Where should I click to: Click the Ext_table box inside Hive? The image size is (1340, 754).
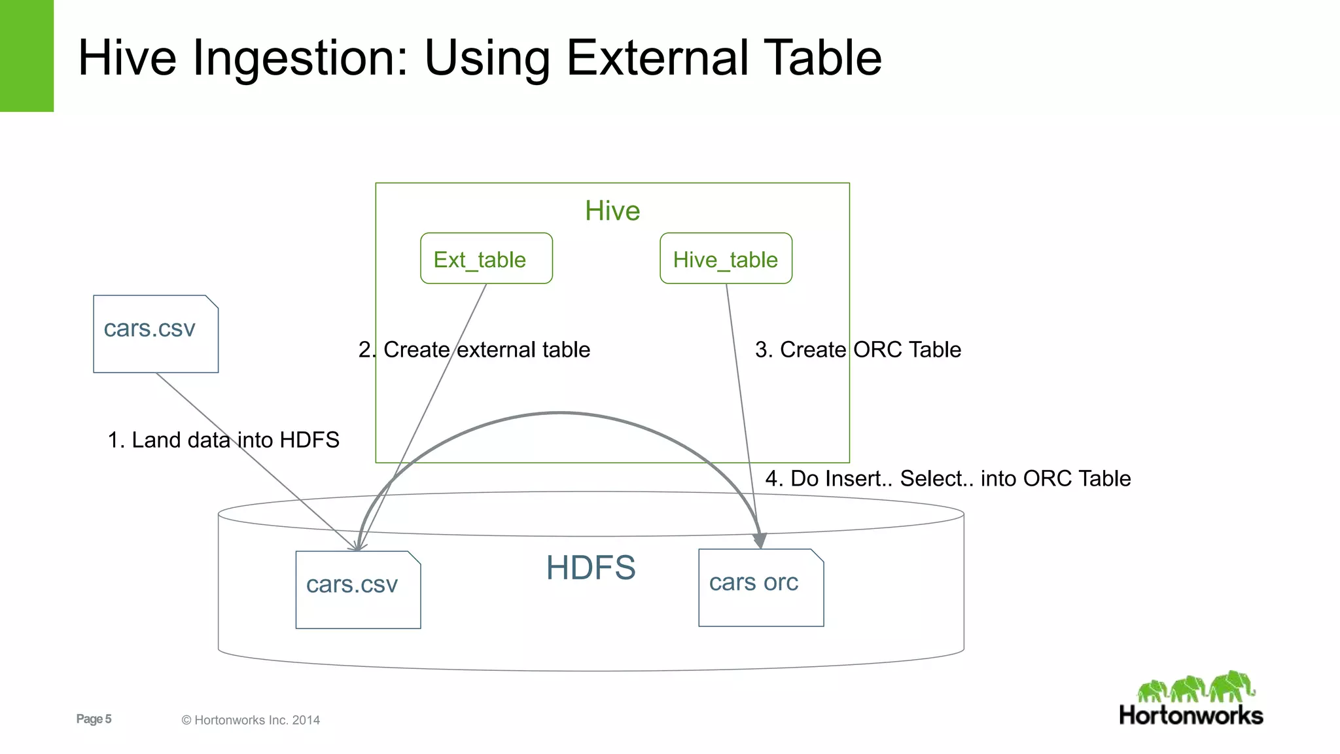tap(486, 259)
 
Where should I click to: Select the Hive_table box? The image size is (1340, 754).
tap(726, 259)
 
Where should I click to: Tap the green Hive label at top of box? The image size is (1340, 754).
tap(612, 211)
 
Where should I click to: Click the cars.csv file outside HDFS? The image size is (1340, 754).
tap(156, 334)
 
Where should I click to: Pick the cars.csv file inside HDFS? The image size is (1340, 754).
tap(358, 590)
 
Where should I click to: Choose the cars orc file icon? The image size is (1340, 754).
tap(760, 588)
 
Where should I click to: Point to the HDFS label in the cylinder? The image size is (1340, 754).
tap(591, 567)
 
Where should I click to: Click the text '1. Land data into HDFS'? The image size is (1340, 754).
tap(223, 440)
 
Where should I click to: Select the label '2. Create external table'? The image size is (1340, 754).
tap(474, 350)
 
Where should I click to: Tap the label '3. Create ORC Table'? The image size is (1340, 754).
tap(858, 350)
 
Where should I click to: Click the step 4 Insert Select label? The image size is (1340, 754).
tap(947, 478)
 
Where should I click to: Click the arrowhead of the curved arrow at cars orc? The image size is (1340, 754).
tap(759, 540)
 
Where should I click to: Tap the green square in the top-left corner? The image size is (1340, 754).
tap(26, 56)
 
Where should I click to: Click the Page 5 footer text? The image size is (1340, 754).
tap(94, 719)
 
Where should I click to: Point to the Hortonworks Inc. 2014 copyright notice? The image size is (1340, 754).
tap(251, 720)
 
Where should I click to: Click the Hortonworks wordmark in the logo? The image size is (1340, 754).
tap(1191, 715)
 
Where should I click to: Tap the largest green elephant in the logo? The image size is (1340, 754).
tap(1231, 685)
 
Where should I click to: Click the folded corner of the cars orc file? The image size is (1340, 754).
tap(817, 555)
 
